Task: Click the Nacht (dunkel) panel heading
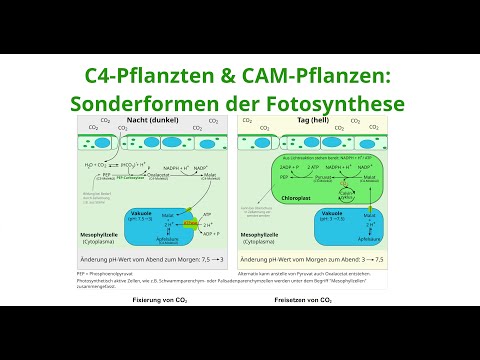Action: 156,119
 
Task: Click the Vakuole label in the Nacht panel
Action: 142,214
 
